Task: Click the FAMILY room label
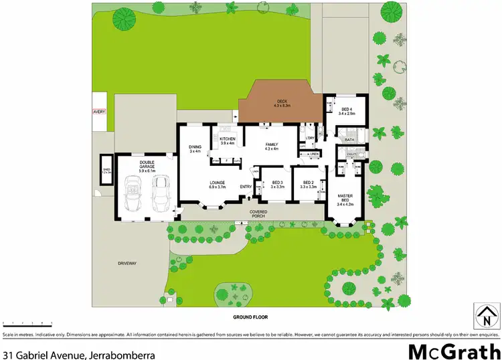(271, 146)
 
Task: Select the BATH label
(349, 140)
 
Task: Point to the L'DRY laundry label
(310, 138)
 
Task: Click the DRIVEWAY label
(127, 264)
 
